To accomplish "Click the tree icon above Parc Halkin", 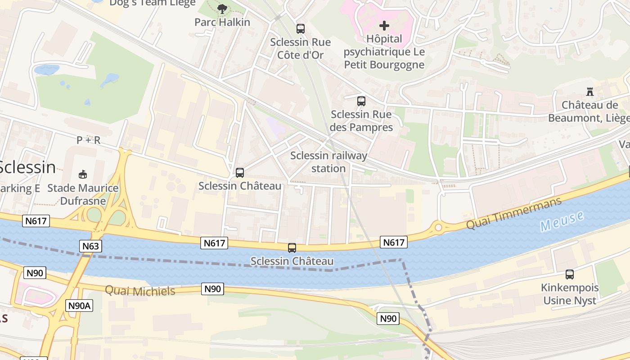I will (222, 9).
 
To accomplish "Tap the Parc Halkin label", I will (222, 22).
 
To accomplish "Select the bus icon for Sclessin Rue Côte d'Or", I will (300, 29).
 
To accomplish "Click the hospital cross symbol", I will (384, 26).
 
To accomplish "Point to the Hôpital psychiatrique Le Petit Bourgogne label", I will (384, 52).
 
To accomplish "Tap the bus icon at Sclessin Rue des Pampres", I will (361, 101).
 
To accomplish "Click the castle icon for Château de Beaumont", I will (589, 92).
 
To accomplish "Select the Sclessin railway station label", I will (328, 162).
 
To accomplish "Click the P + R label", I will (88, 140).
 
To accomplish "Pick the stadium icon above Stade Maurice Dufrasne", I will (83, 174).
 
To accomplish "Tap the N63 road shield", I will (91, 246).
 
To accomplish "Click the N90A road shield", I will (80, 306).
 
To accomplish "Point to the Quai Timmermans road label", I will (513, 213).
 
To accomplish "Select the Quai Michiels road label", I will (140, 291).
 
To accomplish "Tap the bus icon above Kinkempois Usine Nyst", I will (569, 274).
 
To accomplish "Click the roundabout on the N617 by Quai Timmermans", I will (438, 227).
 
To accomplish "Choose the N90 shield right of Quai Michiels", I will (212, 289).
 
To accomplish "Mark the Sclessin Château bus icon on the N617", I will (292, 247).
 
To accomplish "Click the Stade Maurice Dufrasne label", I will (83, 194).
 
